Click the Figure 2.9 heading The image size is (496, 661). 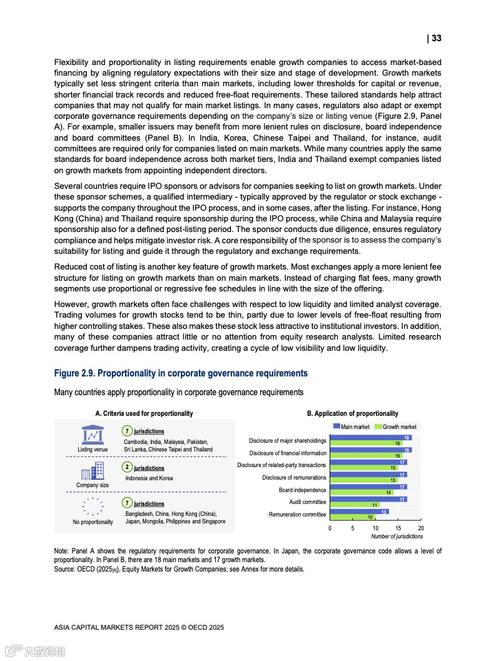(181, 373)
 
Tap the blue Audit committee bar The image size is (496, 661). (368, 499)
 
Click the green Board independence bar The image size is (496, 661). (361, 492)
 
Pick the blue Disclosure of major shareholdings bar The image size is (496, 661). (370, 438)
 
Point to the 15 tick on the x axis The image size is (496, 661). (398, 528)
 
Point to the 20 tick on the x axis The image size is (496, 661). (421, 528)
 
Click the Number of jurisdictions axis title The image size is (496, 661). (397, 537)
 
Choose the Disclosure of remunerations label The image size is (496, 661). (294, 478)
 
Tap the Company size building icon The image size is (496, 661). (93, 470)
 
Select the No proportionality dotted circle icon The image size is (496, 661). (93, 506)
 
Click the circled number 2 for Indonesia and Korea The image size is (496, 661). (127, 467)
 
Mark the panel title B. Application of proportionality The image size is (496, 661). (352, 413)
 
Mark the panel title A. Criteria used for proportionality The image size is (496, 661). (144, 413)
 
